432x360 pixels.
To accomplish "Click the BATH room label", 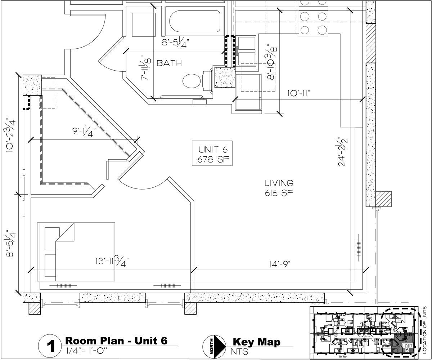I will coord(169,63).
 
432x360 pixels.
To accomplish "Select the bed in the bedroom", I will coord(76,251).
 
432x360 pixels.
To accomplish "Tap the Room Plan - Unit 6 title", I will coord(116,341).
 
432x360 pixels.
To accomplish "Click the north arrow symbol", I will coord(215,347).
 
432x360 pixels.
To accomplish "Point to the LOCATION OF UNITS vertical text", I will coord(425,329).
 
